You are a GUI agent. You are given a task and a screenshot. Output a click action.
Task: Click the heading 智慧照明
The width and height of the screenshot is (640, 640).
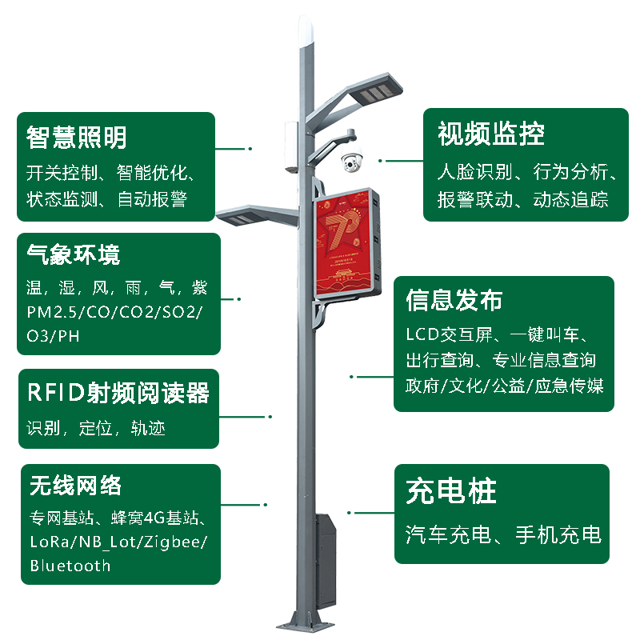(x=77, y=138)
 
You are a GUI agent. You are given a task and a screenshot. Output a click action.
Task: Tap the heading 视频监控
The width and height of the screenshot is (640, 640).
(x=491, y=134)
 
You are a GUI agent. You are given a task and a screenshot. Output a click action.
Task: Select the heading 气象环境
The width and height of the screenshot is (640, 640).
(x=73, y=255)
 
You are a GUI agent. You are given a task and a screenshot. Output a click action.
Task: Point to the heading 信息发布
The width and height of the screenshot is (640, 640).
(x=454, y=301)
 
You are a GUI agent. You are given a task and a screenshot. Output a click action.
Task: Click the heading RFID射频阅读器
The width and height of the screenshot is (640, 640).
(x=118, y=394)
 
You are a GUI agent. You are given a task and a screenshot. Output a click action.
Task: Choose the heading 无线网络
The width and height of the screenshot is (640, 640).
(x=75, y=485)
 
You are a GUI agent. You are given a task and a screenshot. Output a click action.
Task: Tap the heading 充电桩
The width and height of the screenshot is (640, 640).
(x=451, y=491)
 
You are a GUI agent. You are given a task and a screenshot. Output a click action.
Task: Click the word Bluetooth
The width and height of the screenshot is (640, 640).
(x=70, y=566)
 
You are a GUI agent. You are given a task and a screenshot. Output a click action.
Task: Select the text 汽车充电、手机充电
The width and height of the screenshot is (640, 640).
(x=502, y=534)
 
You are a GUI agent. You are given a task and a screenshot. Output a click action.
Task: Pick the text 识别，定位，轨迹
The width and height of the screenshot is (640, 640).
(x=96, y=428)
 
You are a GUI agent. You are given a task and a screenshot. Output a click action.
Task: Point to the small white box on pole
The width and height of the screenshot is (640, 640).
(x=290, y=146)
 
